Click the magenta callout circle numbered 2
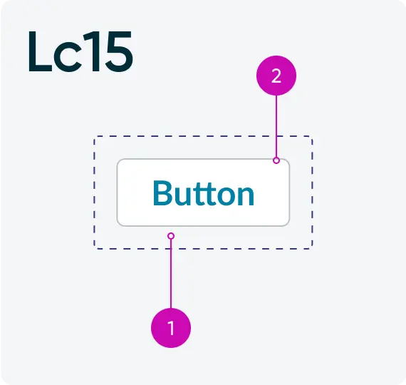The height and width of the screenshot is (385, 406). point(276,76)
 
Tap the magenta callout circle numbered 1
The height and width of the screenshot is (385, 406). point(171,328)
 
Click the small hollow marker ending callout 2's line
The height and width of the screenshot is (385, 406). point(276,160)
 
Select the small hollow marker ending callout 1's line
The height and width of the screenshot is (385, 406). point(171,236)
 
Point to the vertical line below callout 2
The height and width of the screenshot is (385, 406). point(276,126)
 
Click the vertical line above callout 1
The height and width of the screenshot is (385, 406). point(171,274)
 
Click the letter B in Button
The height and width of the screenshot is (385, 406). point(162,193)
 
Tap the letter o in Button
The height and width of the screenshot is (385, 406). point(224,197)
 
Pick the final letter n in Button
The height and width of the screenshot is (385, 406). point(245,197)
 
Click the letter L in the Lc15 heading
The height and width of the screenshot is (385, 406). point(41,51)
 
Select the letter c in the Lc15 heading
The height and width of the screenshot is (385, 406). point(68,57)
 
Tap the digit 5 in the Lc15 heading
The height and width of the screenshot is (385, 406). point(119,51)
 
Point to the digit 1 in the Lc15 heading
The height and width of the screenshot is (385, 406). point(94,51)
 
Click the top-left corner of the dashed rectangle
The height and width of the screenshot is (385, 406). point(95,136)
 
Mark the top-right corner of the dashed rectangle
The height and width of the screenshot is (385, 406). point(312,136)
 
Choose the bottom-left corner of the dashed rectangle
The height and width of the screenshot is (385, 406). point(95,249)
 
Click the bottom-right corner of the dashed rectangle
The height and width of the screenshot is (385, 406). point(312,249)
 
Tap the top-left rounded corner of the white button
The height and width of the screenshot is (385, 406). point(118,160)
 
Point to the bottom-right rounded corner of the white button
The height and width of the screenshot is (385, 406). point(288,225)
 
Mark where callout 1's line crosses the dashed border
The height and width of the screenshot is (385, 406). point(171,249)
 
